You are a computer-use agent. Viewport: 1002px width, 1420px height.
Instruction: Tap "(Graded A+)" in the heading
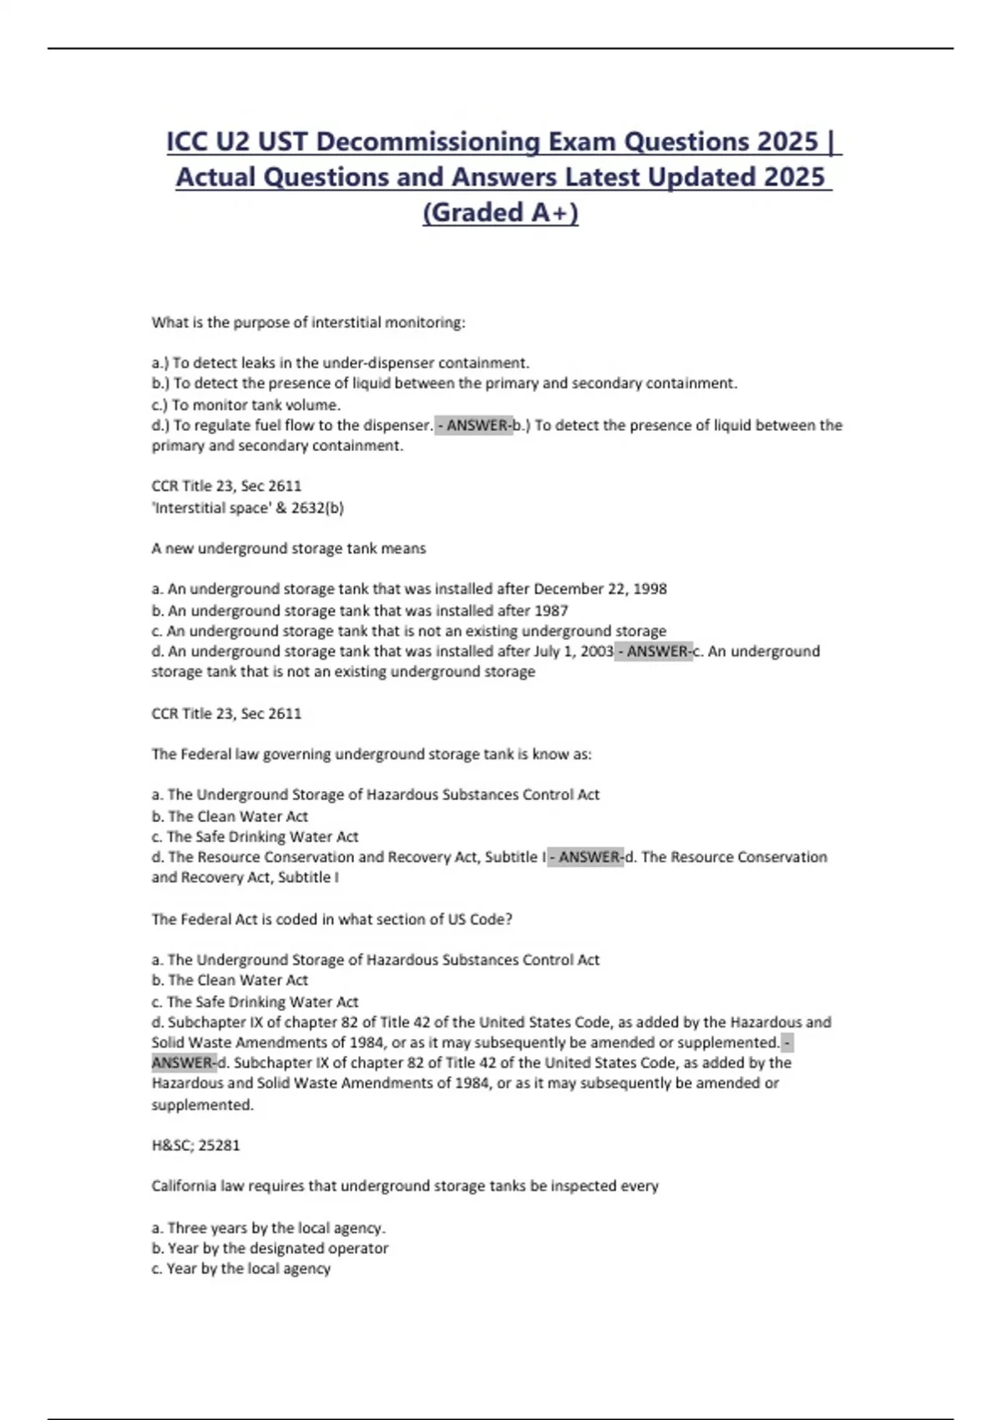pyautogui.click(x=500, y=212)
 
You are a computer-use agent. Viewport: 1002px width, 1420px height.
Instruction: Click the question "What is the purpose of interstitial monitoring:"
pyautogui.click(x=308, y=322)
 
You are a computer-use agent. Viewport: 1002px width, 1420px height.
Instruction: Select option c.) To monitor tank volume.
pyautogui.click(x=245, y=404)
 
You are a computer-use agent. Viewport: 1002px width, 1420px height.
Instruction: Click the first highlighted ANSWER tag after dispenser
pyautogui.click(x=473, y=425)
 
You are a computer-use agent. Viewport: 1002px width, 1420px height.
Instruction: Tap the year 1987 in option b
pyautogui.click(x=549, y=611)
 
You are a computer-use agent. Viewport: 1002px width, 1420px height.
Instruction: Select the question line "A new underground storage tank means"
pyautogui.click(x=288, y=548)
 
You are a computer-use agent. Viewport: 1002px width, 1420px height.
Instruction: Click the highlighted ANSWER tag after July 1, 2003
pyautogui.click(x=654, y=651)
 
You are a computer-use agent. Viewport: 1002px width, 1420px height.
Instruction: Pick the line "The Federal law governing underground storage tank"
pyautogui.click(x=371, y=753)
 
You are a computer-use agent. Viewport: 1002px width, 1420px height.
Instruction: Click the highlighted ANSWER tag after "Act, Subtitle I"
pyautogui.click(x=585, y=857)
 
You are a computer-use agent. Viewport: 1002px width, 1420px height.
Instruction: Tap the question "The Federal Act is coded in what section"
pyautogui.click(x=331, y=919)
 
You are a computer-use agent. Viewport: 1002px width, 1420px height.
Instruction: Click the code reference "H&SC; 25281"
pyautogui.click(x=195, y=1145)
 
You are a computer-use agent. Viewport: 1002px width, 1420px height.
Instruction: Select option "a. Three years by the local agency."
pyautogui.click(x=268, y=1228)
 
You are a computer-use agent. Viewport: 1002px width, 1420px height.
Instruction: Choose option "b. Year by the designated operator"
pyautogui.click(x=270, y=1248)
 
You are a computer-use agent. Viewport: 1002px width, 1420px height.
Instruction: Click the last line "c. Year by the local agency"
pyautogui.click(x=240, y=1268)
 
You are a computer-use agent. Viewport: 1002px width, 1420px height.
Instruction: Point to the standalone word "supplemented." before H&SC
pyautogui.click(x=202, y=1104)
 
